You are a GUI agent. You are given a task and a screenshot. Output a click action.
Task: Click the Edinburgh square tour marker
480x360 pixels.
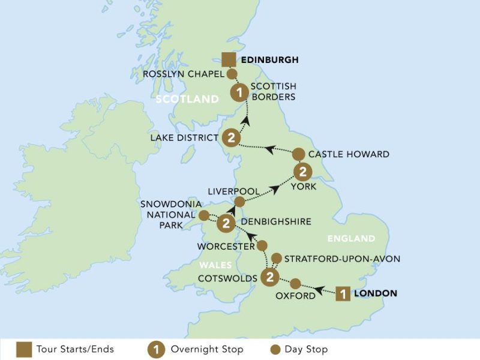click(228, 59)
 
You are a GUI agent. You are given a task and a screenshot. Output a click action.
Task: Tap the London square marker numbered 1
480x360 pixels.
click(343, 294)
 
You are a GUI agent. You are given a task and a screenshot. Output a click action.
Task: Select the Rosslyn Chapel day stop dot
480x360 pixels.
click(230, 74)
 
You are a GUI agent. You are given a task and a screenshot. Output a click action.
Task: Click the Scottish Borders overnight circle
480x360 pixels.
click(239, 93)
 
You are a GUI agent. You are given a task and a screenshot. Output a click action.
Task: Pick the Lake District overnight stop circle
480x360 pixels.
click(231, 137)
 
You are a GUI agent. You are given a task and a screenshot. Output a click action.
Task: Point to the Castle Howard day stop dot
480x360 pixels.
click(298, 154)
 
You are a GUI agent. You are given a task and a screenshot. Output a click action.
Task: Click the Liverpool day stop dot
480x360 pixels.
click(239, 202)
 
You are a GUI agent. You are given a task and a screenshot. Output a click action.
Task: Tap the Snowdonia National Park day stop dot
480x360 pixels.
click(205, 215)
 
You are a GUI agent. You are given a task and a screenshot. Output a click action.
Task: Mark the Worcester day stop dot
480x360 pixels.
click(262, 245)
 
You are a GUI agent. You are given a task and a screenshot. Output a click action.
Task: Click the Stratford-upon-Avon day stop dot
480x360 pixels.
click(276, 259)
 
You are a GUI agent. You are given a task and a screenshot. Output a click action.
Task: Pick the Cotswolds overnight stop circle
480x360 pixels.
click(270, 277)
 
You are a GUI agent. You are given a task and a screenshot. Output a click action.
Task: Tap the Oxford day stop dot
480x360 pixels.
click(295, 283)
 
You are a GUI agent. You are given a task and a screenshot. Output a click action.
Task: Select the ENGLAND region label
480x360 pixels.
click(351, 239)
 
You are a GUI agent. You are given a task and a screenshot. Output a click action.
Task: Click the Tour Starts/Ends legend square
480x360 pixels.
click(23, 349)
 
